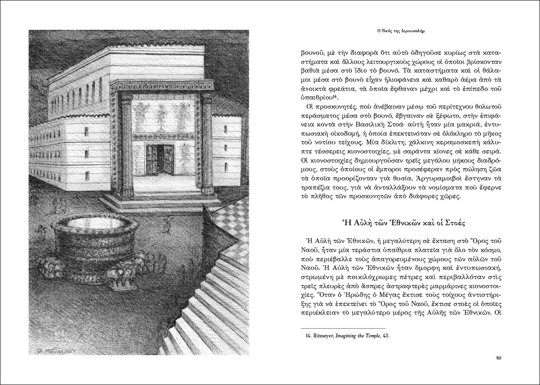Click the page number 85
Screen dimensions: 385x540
coord(499,357)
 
